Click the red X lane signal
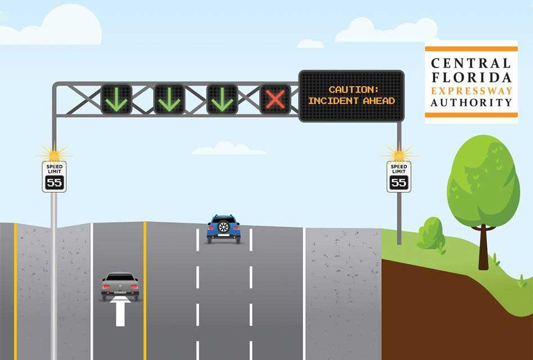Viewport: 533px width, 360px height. [x=275, y=99]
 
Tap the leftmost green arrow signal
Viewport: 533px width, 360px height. [x=116, y=99]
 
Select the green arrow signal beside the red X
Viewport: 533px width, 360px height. [x=222, y=99]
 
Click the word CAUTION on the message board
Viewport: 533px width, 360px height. [x=351, y=89]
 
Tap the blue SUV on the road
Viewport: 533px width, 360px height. [x=224, y=228]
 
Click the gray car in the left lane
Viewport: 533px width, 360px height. [x=120, y=286]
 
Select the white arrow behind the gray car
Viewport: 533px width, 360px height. [x=120, y=313]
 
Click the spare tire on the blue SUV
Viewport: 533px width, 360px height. [x=224, y=227]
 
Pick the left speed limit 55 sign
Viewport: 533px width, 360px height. [x=54, y=177]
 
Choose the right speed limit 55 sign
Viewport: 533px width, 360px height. [x=399, y=177]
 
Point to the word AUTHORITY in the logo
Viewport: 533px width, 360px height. [x=471, y=103]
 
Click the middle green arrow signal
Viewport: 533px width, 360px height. [x=169, y=99]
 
